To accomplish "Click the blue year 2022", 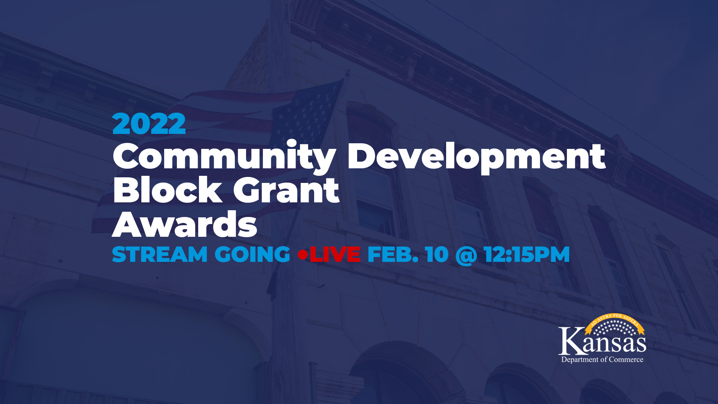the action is (149, 124).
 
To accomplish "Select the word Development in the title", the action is (476, 157).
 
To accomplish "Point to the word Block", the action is (168, 190).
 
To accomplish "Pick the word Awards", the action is (185, 224).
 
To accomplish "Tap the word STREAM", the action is (160, 254).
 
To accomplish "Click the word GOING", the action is (252, 254).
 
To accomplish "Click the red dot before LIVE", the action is (303, 255).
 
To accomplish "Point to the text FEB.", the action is (393, 254).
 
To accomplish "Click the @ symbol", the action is (466, 255).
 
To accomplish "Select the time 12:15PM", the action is (527, 254).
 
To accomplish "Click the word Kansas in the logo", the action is (602, 341).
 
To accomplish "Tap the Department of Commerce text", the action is (602, 359).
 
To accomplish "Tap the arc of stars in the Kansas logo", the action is (615, 328).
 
